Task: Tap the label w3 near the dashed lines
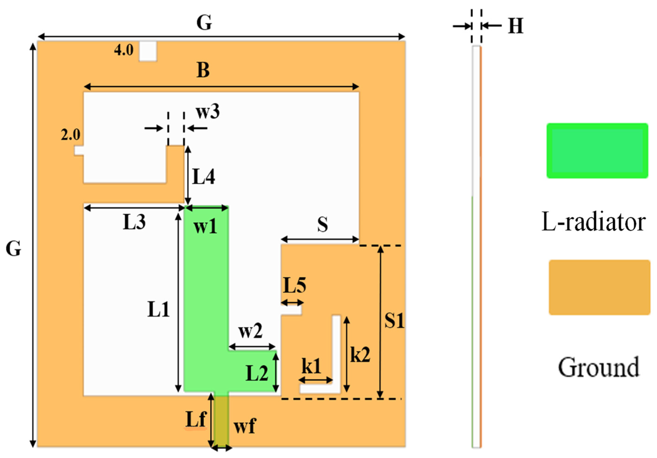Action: [208, 112]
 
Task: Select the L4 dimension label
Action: [203, 177]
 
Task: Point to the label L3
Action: [134, 222]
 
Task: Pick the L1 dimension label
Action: [158, 310]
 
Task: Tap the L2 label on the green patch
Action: [257, 373]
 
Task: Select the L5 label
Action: [294, 286]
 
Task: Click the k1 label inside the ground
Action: [311, 366]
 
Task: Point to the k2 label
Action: [360, 355]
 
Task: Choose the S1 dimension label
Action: [394, 320]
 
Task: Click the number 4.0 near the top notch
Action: [124, 50]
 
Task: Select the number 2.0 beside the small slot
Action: [70, 135]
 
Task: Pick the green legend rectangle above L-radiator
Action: [597, 151]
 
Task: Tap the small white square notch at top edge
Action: [148, 51]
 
